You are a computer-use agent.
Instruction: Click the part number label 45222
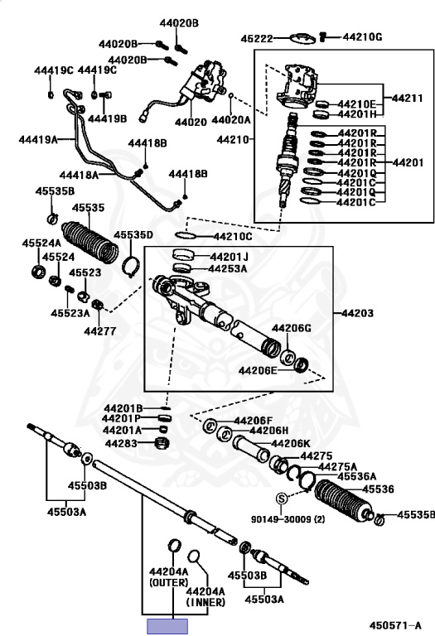coord(257,39)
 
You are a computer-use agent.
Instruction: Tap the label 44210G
coord(362,37)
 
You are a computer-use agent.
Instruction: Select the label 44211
coord(407,98)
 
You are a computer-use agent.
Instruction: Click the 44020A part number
coord(231,120)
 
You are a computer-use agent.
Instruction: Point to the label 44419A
coord(38,139)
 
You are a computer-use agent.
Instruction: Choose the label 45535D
coord(133,235)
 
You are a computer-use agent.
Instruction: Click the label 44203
coord(357,313)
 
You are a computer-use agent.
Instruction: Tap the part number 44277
coord(99,331)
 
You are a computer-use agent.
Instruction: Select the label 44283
coord(121,443)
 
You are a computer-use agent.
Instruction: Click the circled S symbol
coord(282,498)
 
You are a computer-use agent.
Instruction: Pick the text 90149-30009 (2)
coord(288,518)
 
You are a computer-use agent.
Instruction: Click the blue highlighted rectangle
coord(167,626)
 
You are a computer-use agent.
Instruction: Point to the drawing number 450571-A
coord(395,625)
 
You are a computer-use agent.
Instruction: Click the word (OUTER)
coord(169,582)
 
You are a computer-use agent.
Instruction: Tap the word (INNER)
coord(205,602)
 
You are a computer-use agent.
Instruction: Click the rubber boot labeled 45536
coord(343,500)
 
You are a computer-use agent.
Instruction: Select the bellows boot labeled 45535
coord(90,243)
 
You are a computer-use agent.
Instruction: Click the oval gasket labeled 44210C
coord(186,235)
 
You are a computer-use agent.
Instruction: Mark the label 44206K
coord(291,443)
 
